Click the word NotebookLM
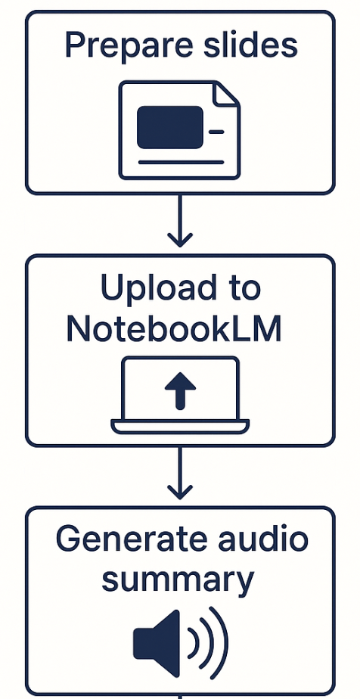(174, 331)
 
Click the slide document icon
(179, 130)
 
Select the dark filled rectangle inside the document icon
(169, 127)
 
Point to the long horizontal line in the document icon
(181, 162)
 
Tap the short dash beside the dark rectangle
(216, 132)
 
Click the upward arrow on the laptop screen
(180, 391)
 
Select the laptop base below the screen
(180, 426)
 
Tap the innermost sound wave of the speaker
(194, 643)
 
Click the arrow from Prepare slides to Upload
(179, 221)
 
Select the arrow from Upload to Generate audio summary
(179, 473)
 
